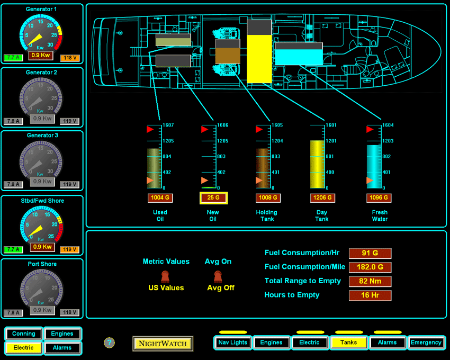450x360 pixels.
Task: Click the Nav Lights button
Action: pyautogui.click(x=233, y=343)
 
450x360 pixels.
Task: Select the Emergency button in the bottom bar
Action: pyautogui.click(x=426, y=343)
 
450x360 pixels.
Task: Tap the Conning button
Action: pyautogui.click(x=24, y=334)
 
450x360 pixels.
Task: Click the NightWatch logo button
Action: pyautogui.click(x=163, y=344)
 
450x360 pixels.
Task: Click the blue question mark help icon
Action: pyautogui.click(x=110, y=343)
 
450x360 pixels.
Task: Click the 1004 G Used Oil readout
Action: pyautogui.click(x=159, y=198)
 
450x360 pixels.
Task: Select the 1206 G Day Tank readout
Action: pyautogui.click(x=322, y=198)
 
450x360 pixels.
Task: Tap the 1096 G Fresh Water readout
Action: pyautogui.click(x=379, y=198)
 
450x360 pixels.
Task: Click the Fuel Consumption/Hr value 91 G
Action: pyautogui.click(x=370, y=253)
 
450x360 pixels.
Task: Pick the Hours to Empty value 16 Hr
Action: pyautogui.click(x=370, y=295)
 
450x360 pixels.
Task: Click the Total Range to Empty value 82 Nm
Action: pyautogui.click(x=370, y=281)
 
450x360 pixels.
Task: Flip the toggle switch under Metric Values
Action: pyautogui.click(x=165, y=276)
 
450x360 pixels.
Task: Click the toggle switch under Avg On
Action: pyautogui.click(x=218, y=276)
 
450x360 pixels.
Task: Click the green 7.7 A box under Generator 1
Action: pyautogui.click(x=12, y=58)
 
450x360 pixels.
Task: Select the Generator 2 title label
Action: pyautogui.click(x=42, y=73)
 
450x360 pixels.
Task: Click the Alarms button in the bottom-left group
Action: pyautogui.click(x=62, y=348)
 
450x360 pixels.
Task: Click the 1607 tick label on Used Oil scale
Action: pyautogui.click(x=168, y=125)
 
